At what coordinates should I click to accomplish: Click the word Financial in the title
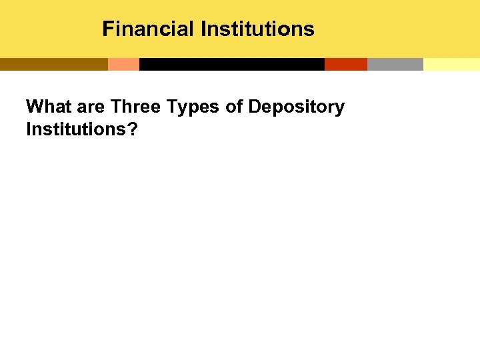tap(148, 29)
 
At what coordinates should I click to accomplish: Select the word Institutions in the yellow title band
tap(257, 29)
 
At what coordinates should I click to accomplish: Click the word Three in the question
tap(135, 107)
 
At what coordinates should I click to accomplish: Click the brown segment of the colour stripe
tap(53, 64)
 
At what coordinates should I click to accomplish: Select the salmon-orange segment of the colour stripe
tap(123, 64)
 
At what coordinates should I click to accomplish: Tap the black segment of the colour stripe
tap(231, 64)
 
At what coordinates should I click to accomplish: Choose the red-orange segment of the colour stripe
tap(345, 64)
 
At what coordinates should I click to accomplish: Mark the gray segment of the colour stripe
tap(395, 64)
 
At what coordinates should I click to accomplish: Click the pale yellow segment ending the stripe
tap(451, 64)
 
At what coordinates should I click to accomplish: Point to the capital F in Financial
tap(107, 29)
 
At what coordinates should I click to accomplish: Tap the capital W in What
tap(33, 107)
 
